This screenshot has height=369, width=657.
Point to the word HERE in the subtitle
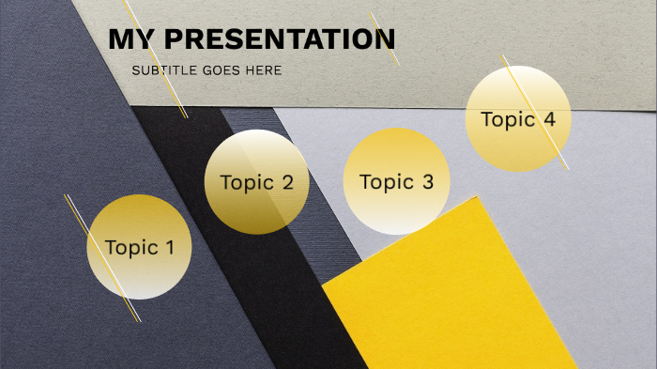click(x=264, y=70)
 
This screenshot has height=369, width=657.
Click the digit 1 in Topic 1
click(x=169, y=248)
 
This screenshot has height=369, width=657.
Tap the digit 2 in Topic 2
click(x=288, y=183)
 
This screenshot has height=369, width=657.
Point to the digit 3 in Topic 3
click(x=428, y=182)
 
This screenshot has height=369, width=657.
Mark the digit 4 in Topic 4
click(x=549, y=119)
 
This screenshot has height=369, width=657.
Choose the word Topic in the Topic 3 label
click(x=385, y=182)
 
